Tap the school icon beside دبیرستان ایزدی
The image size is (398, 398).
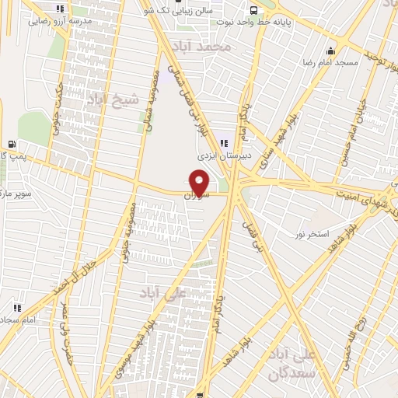pos(225,143)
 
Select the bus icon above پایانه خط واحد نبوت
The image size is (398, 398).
pos(254,9)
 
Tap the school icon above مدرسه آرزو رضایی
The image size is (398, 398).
pos(61,9)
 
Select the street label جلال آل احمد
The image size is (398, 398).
pos(75,276)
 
